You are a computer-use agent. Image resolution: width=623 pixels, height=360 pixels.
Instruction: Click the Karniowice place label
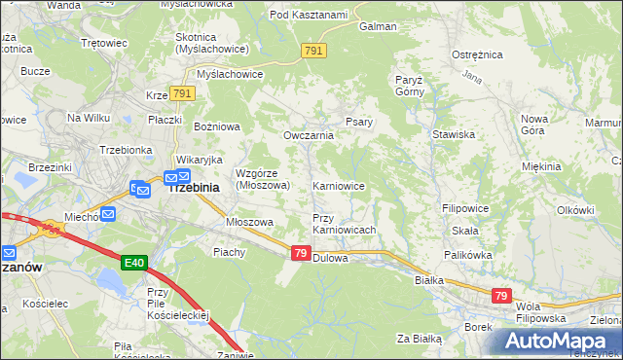pyautogui.click(x=338, y=185)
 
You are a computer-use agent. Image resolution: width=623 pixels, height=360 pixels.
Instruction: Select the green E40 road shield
pyautogui.click(x=134, y=263)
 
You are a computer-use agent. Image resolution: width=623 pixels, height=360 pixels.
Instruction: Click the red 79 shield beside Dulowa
pyautogui.click(x=302, y=253)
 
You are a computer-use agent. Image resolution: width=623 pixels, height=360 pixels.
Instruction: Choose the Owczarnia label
pyautogui.click(x=308, y=135)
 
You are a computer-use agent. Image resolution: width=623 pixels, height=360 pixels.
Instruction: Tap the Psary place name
pyautogui.click(x=355, y=123)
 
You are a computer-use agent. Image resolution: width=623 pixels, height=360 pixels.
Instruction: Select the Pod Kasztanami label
pyautogui.click(x=309, y=15)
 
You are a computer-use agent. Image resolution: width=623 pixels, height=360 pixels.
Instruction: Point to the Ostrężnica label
pyautogui.click(x=476, y=55)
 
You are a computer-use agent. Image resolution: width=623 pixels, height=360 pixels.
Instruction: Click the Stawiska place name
pyautogui.click(x=453, y=134)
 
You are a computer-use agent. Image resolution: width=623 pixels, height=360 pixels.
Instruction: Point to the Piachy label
pyautogui.click(x=230, y=252)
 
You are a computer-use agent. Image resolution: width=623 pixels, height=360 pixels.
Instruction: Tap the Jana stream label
pyautogui.click(x=473, y=76)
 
